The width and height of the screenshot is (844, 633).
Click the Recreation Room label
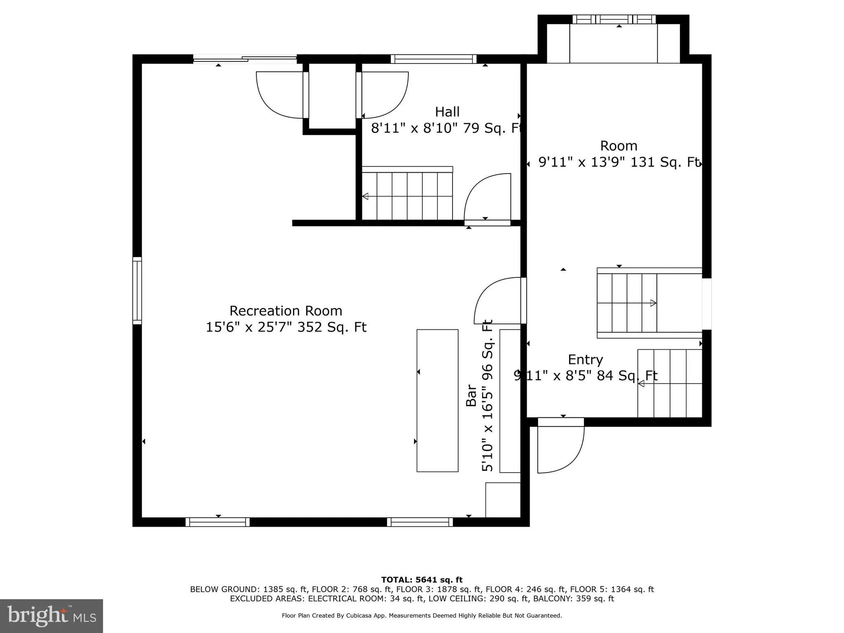[286, 310]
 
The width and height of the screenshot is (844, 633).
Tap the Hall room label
[447, 112]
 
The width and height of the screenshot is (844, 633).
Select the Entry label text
[585, 359]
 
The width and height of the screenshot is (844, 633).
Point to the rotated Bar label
[471, 396]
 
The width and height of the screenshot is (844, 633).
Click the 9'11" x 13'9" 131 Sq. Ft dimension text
[619, 162]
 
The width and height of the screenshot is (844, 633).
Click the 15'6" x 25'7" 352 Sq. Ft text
[286, 327]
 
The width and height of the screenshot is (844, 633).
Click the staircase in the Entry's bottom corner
[670, 383]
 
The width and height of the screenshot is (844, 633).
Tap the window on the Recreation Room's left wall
[137, 291]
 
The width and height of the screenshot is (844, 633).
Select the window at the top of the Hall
[433, 59]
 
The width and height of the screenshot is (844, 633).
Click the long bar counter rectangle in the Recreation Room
[437, 400]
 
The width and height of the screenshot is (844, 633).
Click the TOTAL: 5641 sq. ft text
[422, 580]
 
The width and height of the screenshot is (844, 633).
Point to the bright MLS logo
[52, 616]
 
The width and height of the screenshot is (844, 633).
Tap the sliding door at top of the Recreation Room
[245, 59]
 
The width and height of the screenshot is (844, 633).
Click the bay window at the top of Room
[614, 19]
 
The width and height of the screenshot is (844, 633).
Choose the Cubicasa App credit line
[422, 616]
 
